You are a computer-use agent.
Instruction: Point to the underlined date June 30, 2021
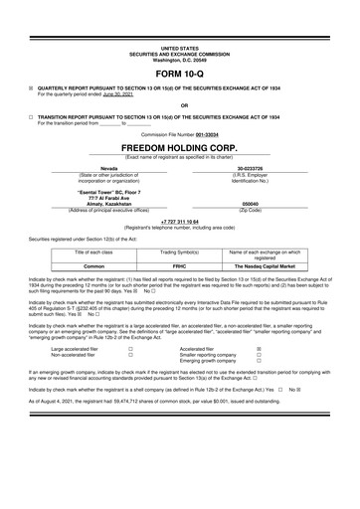tap(117, 94)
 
